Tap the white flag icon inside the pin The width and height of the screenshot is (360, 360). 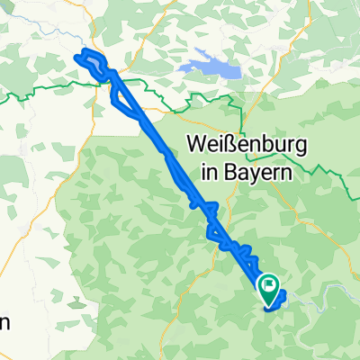pyautogui.click(x=269, y=285)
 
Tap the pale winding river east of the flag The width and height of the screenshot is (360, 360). pyautogui.click(x=324, y=288)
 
